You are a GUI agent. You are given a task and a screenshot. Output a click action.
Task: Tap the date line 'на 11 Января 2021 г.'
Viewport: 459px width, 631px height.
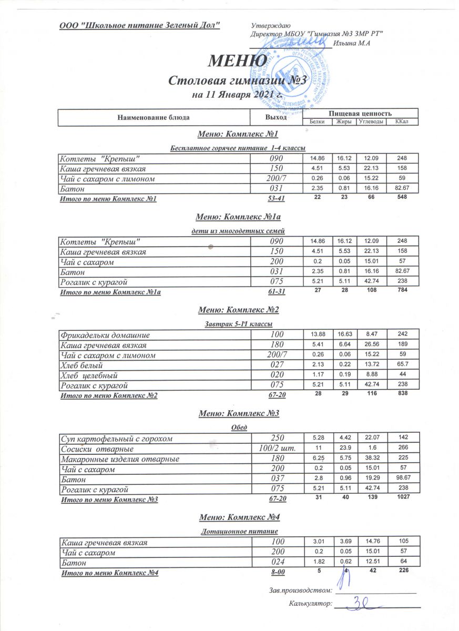point(238,95)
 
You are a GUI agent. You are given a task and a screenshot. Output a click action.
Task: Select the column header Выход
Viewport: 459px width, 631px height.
point(277,117)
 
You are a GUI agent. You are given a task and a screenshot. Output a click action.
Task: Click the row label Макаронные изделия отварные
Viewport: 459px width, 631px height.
point(120,459)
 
